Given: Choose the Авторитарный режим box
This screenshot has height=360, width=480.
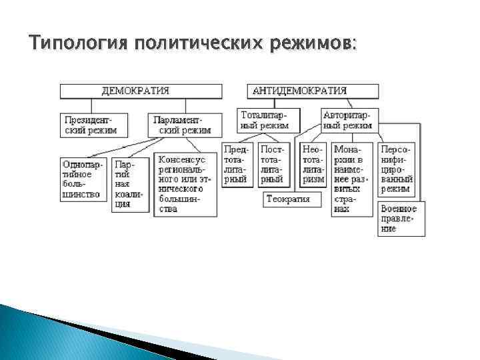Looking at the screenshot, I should (349, 120).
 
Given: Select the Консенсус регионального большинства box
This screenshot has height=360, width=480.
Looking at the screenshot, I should (186, 185).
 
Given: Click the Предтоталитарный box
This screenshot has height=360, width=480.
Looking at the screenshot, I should (237, 165).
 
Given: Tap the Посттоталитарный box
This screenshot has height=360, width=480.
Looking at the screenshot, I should (274, 165).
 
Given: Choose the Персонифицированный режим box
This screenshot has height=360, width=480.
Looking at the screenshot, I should (397, 169).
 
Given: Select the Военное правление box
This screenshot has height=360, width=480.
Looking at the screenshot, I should (400, 219).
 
